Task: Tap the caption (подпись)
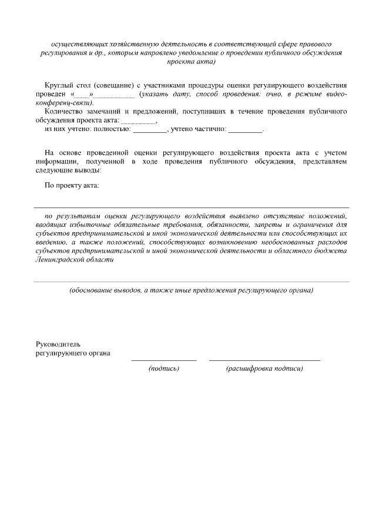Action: pos(164,369)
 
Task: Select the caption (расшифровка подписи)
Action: pos(264,369)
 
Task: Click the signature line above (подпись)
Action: pos(163,359)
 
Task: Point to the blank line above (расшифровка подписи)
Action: pos(264,359)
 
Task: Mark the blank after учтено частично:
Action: pos(245,129)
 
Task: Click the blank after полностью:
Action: pos(150,129)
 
